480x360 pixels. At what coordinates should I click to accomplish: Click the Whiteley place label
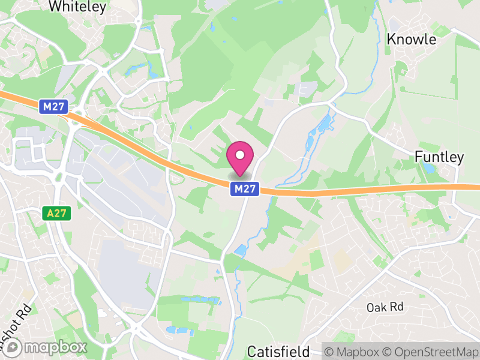click(77, 7)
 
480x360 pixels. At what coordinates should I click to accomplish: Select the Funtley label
click(439, 157)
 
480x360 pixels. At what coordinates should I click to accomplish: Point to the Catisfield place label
click(278, 351)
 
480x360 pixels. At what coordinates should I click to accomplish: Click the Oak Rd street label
click(385, 307)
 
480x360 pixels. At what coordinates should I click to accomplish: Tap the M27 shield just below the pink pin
click(245, 189)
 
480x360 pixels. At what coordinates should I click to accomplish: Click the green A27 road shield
click(58, 213)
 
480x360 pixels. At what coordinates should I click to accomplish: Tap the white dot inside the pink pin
click(240, 155)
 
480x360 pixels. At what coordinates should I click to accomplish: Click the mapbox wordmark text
click(56, 347)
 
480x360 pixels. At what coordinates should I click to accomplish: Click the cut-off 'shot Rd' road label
click(17, 328)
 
